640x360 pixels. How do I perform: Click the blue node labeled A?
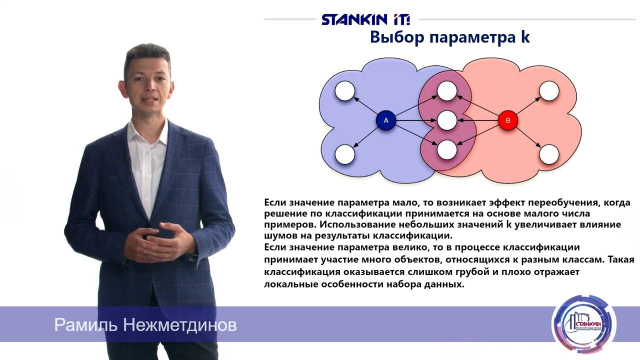tap(385, 120)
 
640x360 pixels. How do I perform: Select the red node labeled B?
tap(508, 120)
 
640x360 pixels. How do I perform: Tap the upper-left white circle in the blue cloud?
tap(345, 91)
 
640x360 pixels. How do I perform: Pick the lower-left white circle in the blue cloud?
tap(345, 154)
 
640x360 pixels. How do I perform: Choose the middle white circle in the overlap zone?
tap(446, 120)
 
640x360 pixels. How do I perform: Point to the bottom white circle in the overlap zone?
tap(446, 149)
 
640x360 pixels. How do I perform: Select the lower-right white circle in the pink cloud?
tap(548, 154)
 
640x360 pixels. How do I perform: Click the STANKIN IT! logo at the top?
tap(365, 19)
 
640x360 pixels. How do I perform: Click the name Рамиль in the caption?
tap(86, 325)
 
